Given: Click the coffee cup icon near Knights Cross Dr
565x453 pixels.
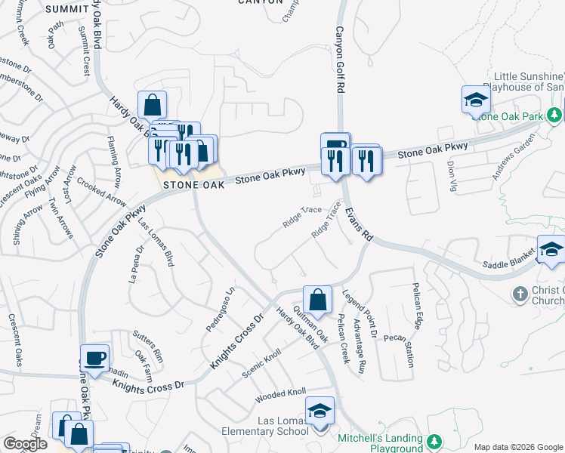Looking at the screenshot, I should coord(94,359).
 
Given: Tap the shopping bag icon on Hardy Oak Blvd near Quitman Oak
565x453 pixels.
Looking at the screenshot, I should coord(318,299).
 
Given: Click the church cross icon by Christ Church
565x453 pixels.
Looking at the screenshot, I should coord(520,293).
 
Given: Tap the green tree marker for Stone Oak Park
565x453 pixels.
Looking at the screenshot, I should coord(555,115).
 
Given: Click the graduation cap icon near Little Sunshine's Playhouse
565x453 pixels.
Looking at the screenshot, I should coord(477,99).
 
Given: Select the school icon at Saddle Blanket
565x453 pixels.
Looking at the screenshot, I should coord(551,250).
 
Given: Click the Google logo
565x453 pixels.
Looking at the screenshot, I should coord(25,444).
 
